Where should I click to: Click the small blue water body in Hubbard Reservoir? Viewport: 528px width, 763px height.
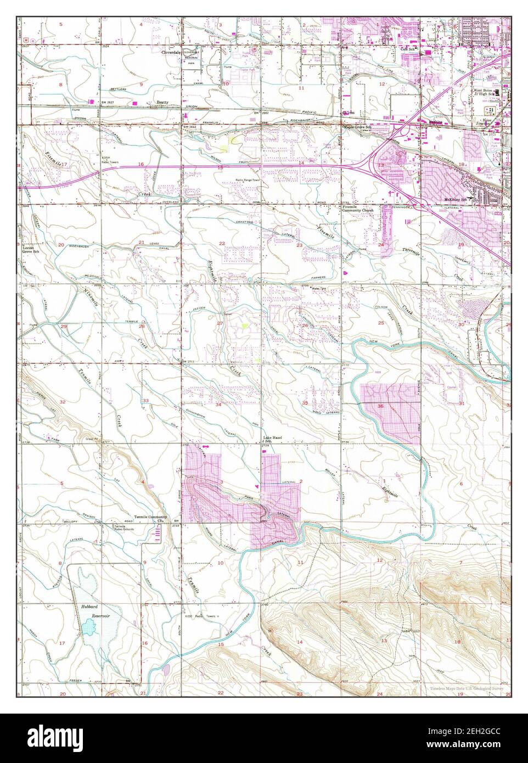tap(89, 626)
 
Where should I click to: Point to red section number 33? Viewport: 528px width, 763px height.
tap(145, 401)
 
